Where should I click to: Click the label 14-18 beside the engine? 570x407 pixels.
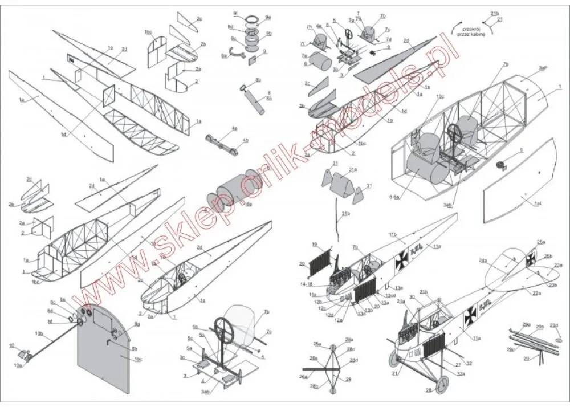pyautogui.click(x=307, y=283)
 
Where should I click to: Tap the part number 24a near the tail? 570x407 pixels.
pyautogui.click(x=483, y=261)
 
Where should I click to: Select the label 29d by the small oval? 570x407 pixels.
pyautogui.click(x=553, y=325)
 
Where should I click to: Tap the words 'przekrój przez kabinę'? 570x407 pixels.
pyautogui.click(x=470, y=30)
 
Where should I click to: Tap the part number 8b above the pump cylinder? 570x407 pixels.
pyautogui.click(x=258, y=80)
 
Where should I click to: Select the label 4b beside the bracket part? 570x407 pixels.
pyautogui.click(x=245, y=140)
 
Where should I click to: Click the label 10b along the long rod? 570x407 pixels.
pyautogui.click(x=39, y=332)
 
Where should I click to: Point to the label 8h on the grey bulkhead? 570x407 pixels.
pyautogui.click(x=134, y=349)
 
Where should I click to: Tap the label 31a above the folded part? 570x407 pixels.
pyautogui.click(x=353, y=169)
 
